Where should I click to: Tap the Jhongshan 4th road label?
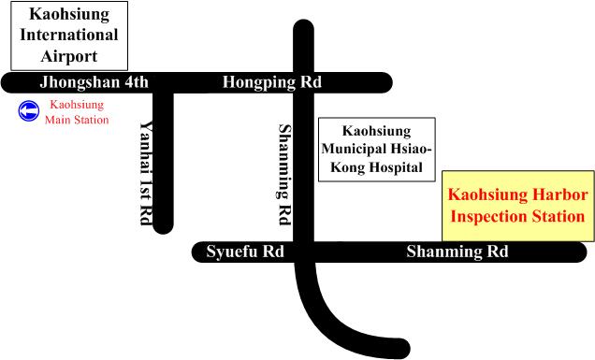tap(94, 82)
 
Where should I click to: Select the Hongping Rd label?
tap(272, 82)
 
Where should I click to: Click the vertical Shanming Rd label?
tap(284, 174)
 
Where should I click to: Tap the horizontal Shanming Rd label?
tap(457, 252)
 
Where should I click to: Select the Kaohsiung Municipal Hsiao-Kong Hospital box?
tap(377, 149)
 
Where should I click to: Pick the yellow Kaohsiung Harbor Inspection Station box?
tap(517, 205)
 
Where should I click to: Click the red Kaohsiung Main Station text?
tap(77, 112)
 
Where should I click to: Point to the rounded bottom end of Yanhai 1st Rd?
tap(163, 223)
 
